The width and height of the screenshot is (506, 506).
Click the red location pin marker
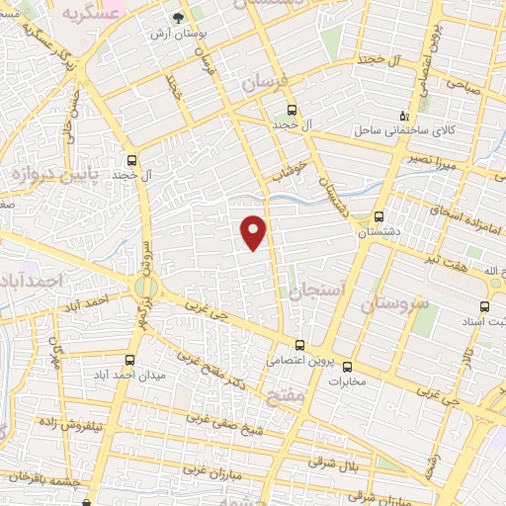254,232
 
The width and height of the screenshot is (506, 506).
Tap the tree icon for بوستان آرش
179,18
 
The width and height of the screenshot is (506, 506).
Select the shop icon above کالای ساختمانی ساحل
403,114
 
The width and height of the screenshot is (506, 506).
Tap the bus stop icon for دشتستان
379,216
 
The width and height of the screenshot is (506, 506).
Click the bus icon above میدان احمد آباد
131,360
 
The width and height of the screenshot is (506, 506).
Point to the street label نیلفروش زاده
52,422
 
